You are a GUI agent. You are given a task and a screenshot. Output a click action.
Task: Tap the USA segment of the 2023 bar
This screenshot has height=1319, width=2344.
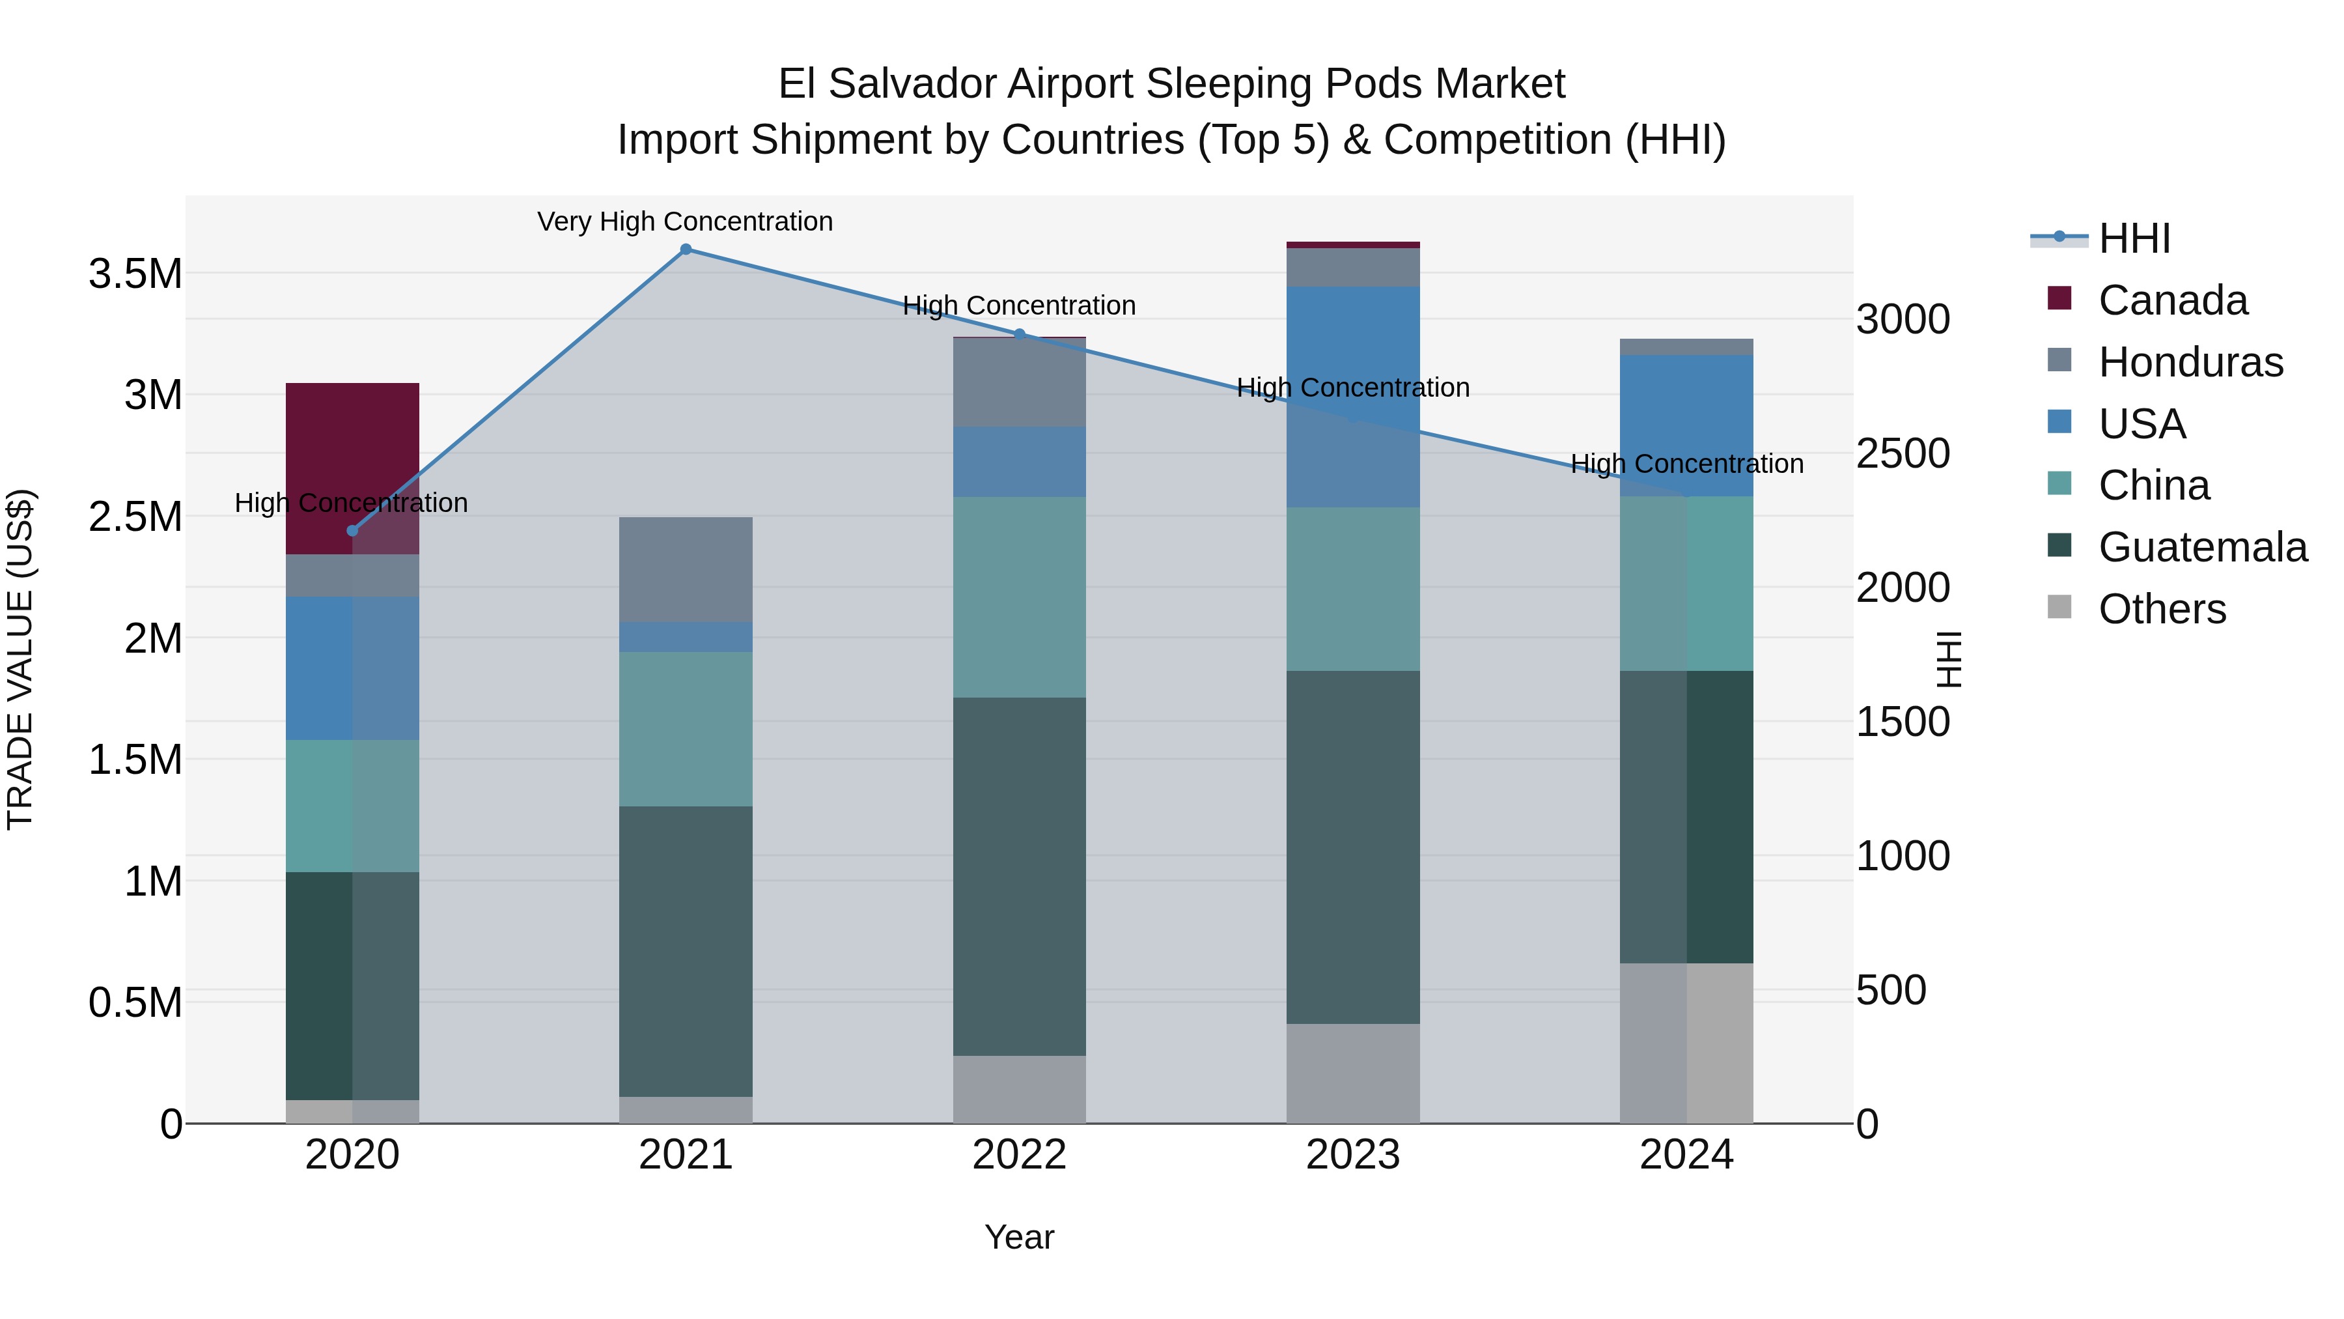(1352, 396)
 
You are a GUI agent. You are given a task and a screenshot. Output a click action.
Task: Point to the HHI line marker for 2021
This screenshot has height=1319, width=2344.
(686, 249)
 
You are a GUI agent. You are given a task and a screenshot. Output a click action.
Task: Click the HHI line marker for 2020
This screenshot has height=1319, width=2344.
(353, 531)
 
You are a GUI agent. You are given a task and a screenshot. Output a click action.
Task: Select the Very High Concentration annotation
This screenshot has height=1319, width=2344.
(685, 221)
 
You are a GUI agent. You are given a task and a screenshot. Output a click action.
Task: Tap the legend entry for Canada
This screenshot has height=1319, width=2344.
(2172, 300)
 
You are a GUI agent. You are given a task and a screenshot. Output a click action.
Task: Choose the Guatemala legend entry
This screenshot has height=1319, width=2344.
(2202, 547)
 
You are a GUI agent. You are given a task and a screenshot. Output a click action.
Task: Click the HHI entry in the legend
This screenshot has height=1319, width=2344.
(2134, 238)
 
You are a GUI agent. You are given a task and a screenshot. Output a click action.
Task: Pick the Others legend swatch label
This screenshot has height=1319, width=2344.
(2161, 609)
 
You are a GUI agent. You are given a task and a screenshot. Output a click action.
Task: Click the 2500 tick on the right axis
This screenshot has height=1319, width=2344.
(1903, 453)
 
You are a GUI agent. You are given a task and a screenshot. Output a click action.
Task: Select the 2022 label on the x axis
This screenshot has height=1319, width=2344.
(1019, 1155)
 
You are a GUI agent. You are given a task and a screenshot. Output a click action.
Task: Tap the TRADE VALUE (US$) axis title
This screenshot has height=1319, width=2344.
(20, 659)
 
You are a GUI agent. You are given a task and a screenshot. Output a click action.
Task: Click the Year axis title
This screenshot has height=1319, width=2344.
(1019, 1237)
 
